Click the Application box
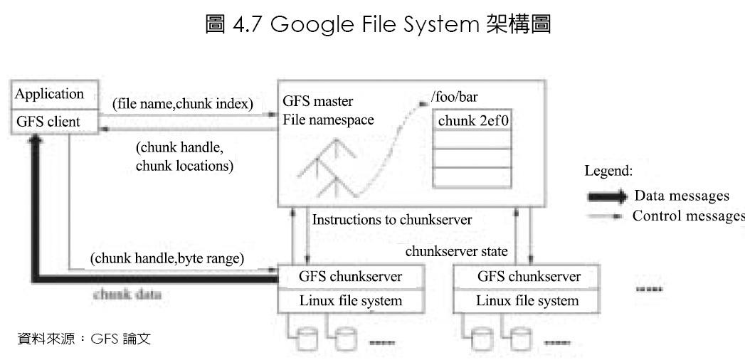tap(49, 95)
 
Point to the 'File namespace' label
tap(328, 120)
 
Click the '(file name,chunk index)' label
tap(182, 104)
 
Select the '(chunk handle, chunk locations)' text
tap(185, 157)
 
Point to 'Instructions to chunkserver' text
tap(391, 220)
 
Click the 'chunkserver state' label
tap(456, 251)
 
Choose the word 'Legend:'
tap(608, 171)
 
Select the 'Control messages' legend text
tap(688, 216)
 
